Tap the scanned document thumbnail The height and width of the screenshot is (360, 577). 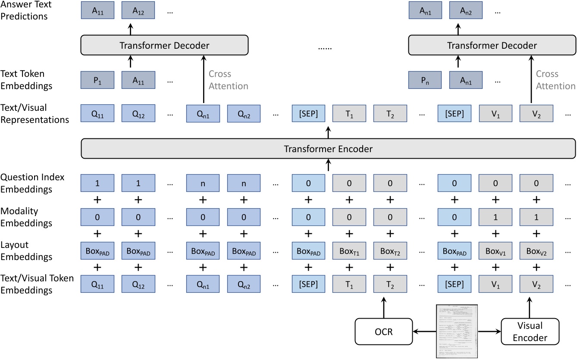click(x=456, y=331)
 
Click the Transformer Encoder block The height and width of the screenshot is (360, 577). click(x=328, y=149)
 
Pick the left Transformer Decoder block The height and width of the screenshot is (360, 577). click(x=164, y=45)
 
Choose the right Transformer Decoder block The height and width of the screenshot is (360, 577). click(x=492, y=45)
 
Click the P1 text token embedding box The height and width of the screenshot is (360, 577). click(x=98, y=80)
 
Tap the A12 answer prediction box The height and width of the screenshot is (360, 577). click(x=138, y=10)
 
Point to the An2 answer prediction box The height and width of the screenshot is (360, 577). click(x=466, y=10)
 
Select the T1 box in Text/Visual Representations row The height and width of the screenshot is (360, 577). click(x=349, y=114)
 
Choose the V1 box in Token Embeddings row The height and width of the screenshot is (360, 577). click(x=495, y=284)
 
